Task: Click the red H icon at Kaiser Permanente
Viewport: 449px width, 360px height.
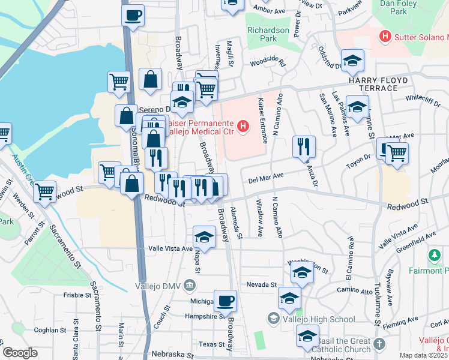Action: point(243,126)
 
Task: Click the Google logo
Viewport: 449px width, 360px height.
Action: point(20,353)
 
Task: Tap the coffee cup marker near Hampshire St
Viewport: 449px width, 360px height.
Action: point(225,300)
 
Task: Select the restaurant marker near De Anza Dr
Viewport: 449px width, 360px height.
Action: point(304,146)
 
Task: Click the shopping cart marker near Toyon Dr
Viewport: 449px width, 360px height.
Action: point(397,153)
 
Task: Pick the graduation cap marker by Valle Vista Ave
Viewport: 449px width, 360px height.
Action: point(204,237)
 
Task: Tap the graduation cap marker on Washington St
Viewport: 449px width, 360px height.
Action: point(302,272)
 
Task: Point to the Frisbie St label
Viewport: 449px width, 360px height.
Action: point(77,295)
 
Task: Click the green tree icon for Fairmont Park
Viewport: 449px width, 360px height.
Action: point(435,256)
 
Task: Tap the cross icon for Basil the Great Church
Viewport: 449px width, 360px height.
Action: point(379,344)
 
